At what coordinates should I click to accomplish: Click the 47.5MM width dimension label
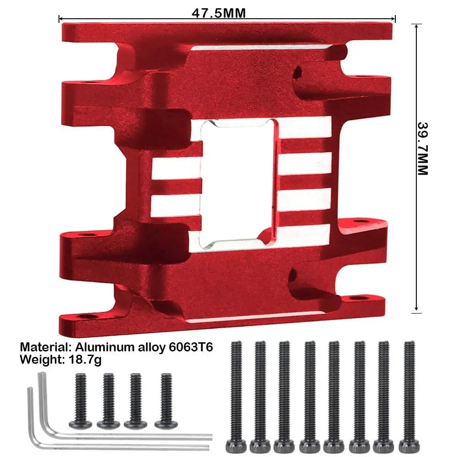point(218,13)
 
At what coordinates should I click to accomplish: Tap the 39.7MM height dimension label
point(423,149)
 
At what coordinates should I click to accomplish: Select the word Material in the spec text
point(44,347)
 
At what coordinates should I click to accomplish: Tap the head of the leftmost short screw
point(81,425)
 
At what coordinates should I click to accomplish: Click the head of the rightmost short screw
point(166,425)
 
